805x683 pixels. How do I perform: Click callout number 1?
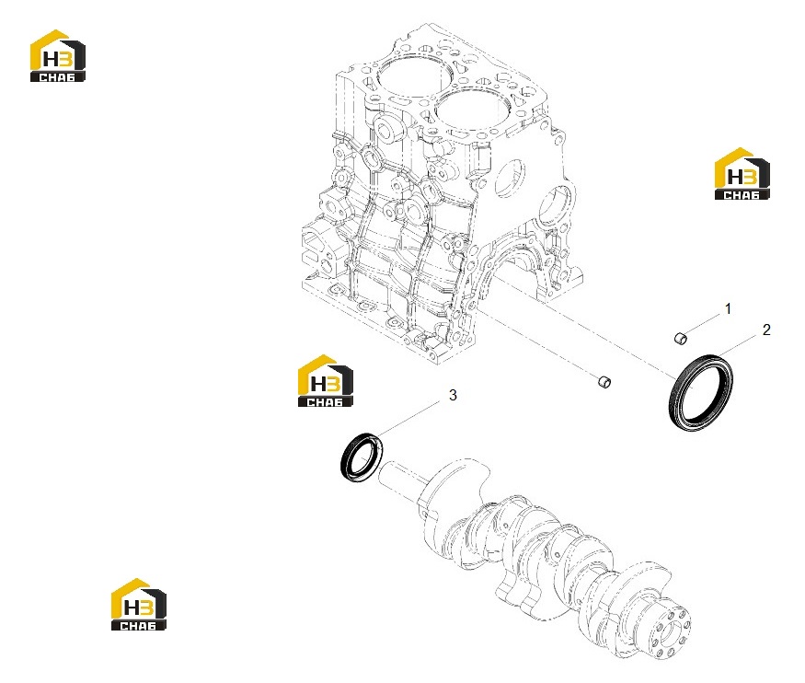click(x=728, y=308)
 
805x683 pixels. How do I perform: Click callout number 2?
click(x=766, y=330)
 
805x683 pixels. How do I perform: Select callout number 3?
click(x=453, y=395)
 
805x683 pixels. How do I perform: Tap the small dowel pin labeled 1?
click(x=680, y=338)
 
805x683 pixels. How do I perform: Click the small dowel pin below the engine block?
click(x=604, y=382)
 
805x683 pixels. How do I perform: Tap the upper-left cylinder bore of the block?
click(x=408, y=76)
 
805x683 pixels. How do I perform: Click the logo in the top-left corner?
click(x=57, y=55)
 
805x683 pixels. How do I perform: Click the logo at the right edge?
click(x=742, y=174)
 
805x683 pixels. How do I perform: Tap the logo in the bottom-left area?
click(x=139, y=605)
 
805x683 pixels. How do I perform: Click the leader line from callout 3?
click(x=408, y=420)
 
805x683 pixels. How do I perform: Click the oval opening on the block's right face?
click(x=510, y=178)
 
